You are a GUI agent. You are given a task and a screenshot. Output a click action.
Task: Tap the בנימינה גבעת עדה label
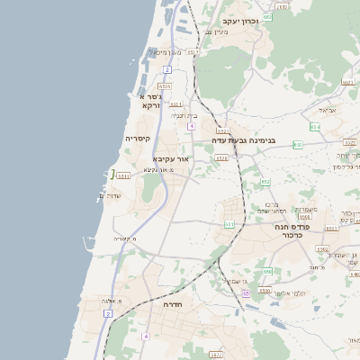pyautogui.click(x=243, y=140)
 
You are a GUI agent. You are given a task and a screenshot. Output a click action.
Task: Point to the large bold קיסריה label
pyautogui.click(x=138, y=139)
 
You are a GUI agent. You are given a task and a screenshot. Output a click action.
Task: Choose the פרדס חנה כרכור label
pyautogui.click(x=292, y=232)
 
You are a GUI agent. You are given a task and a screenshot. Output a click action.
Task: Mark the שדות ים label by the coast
pyautogui.click(x=108, y=195)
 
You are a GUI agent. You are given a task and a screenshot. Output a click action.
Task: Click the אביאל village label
pyautogui.click(x=327, y=109)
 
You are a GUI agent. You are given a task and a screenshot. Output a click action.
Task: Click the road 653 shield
pyautogui.click(x=229, y=224)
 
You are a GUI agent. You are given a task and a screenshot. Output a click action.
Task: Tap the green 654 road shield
pyautogui.click(x=314, y=127)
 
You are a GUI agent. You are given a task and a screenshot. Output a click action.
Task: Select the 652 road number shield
pyautogui.click(x=265, y=182)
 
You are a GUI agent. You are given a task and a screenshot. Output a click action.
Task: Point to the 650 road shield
pyautogui.click(x=267, y=270)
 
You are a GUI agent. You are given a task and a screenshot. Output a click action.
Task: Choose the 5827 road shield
pyautogui.click(x=215, y=354)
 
